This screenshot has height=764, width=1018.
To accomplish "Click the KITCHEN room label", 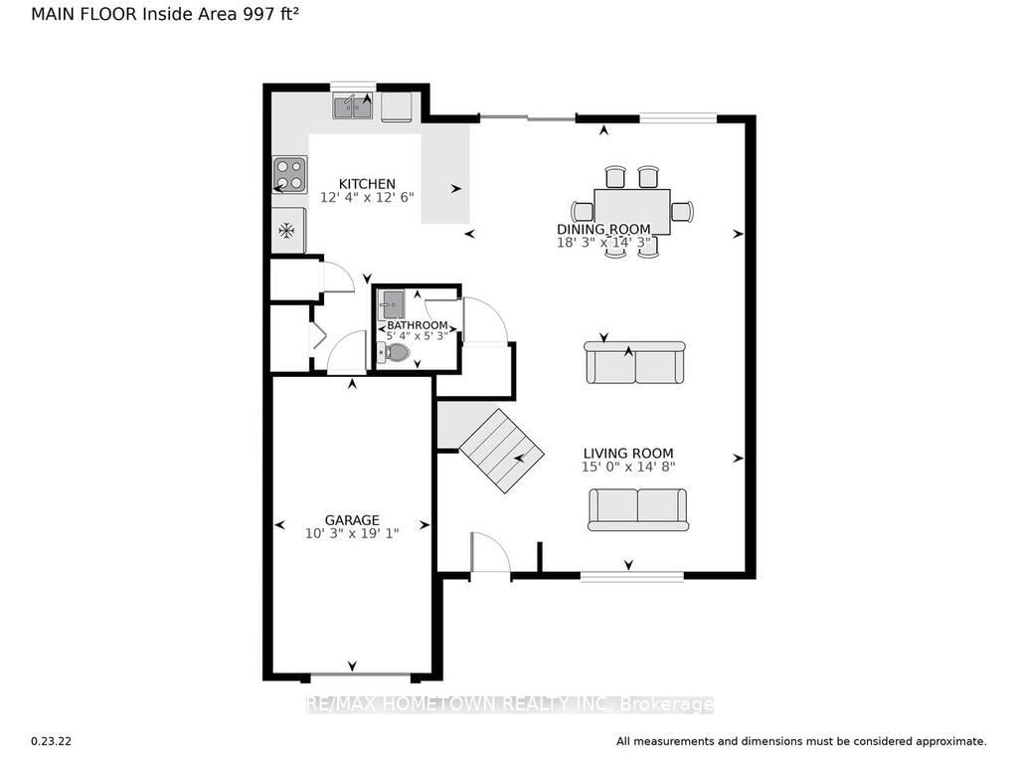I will [367, 184].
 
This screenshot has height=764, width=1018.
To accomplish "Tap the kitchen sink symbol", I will [353, 106].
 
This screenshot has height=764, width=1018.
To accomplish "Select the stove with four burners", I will [289, 175].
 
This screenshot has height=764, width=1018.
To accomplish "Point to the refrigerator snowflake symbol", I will [287, 231].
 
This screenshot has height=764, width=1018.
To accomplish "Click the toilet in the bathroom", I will [395, 352].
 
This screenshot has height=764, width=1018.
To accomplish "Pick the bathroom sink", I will [391, 304].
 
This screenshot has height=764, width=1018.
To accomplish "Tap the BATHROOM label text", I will [418, 325].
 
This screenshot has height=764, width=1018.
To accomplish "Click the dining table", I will [632, 211].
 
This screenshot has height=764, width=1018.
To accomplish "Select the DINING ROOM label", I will [603, 230].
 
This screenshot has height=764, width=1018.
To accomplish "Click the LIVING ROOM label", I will [628, 454].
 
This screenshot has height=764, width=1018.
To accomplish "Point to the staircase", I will [501, 451].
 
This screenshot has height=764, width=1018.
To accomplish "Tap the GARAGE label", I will [352, 520].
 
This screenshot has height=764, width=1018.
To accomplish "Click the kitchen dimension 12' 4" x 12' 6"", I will [367, 198].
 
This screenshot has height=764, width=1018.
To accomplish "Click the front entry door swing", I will [489, 553].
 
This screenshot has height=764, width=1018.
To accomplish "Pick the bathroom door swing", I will [484, 319].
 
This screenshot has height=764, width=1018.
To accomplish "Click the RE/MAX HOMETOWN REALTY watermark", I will [509, 704].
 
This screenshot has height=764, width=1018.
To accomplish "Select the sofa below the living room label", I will [638, 508].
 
